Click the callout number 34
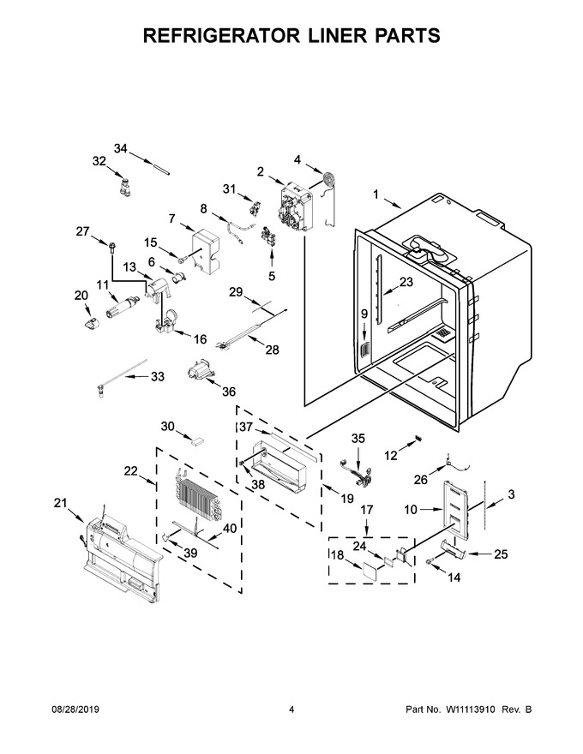click(121, 148)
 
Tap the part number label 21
click(60, 503)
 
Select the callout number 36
click(229, 392)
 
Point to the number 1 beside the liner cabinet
click(376, 194)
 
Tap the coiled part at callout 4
click(328, 179)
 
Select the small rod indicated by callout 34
click(162, 171)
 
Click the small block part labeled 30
click(198, 441)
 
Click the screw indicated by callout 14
click(430, 562)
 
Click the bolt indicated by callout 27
click(111, 246)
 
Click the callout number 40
click(230, 528)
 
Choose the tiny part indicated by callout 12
click(418, 438)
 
